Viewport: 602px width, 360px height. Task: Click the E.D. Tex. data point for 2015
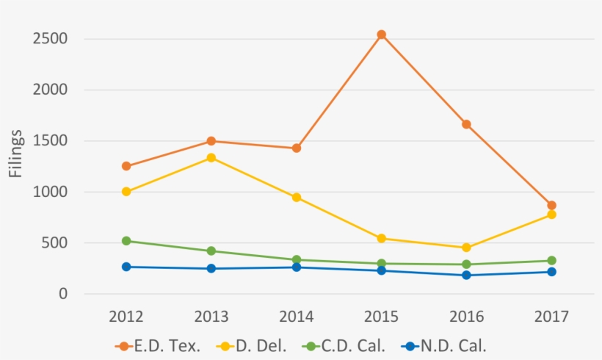click(x=382, y=35)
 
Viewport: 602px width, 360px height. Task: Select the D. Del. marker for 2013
click(x=211, y=158)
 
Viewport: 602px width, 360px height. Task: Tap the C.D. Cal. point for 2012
click(x=126, y=241)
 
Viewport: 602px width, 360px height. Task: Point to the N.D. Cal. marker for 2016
click(x=467, y=276)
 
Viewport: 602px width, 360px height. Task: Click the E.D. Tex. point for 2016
click(x=467, y=124)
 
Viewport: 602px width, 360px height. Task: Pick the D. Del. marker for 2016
click(x=467, y=248)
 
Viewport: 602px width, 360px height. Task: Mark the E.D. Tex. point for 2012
click(x=126, y=166)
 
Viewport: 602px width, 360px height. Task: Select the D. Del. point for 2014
click(x=297, y=198)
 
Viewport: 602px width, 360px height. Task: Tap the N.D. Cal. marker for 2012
click(x=126, y=267)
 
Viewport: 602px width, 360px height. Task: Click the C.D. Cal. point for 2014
click(x=297, y=259)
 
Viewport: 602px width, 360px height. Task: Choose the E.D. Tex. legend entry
click(x=158, y=346)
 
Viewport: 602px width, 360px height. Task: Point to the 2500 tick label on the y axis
click(x=49, y=39)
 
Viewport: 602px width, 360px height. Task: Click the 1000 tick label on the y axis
click(x=49, y=192)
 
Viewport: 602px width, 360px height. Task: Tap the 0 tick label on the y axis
click(x=64, y=294)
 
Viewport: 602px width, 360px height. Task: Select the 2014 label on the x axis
click(x=297, y=317)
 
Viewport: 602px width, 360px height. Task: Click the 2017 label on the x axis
click(x=552, y=317)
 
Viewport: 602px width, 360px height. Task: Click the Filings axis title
click(x=16, y=154)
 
